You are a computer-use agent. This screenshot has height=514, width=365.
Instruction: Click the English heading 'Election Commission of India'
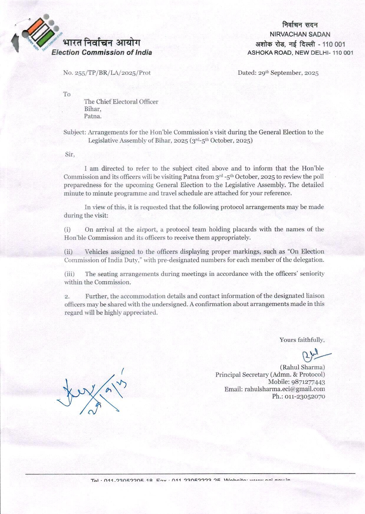[102, 53]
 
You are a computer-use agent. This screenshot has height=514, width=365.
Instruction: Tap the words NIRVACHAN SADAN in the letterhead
[300, 34]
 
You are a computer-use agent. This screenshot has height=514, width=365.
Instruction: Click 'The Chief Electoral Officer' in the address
[121, 102]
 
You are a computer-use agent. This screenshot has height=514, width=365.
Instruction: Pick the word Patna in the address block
[93, 116]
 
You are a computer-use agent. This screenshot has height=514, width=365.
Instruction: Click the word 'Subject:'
[75, 132]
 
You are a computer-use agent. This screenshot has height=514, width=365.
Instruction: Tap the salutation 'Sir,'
[70, 154]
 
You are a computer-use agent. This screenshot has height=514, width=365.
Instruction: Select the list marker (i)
[68, 230]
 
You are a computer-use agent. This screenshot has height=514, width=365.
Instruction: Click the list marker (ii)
[68, 252]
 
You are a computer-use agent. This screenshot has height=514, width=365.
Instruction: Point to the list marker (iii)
[69, 274]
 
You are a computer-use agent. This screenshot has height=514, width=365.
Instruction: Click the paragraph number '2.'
[67, 297]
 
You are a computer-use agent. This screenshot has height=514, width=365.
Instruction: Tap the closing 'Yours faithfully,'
[302, 340]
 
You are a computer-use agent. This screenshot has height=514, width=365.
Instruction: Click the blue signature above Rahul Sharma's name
[314, 355]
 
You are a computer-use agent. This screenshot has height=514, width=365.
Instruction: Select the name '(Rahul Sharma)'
[302, 367]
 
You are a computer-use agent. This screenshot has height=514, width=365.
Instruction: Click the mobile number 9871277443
[308, 382]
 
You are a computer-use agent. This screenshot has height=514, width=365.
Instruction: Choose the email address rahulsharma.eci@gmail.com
[285, 389]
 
